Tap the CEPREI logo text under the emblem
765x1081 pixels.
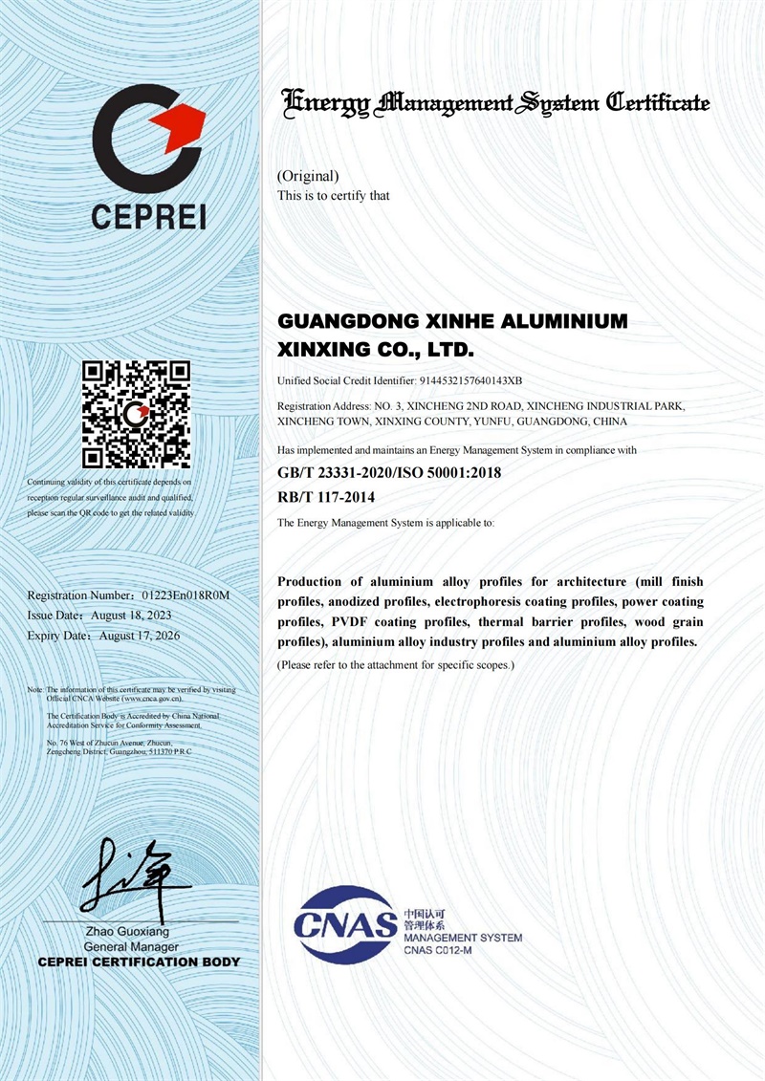tap(148, 216)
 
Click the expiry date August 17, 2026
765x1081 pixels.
tap(140, 635)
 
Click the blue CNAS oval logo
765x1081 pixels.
tap(345, 923)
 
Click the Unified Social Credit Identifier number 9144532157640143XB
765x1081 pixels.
tap(470, 381)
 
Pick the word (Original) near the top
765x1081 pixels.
tap(308, 176)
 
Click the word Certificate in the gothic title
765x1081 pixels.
tap(659, 102)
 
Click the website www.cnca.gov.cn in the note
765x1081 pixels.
tap(151, 700)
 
